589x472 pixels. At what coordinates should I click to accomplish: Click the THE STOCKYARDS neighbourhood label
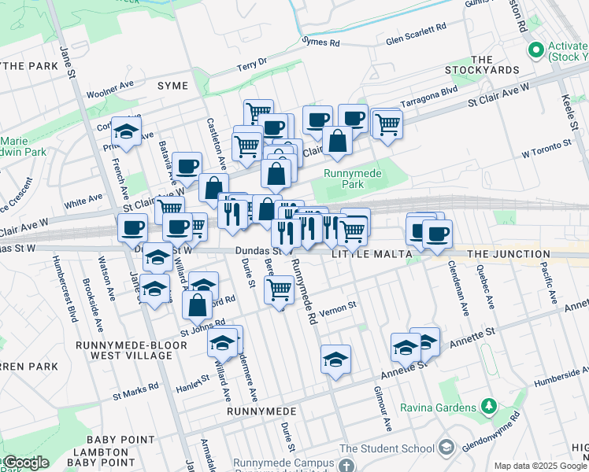pyautogui.click(x=495, y=65)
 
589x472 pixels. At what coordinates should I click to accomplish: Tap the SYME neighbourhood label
pyautogui.click(x=172, y=85)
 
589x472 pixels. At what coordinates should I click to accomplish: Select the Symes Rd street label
pyautogui.click(x=320, y=42)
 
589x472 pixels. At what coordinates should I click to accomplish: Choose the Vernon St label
pyautogui.click(x=342, y=304)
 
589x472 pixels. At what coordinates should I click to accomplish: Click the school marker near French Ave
pyautogui.click(x=125, y=131)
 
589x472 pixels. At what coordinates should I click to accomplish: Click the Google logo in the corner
pyautogui.click(x=25, y=463)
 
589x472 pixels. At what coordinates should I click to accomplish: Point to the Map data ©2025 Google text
pyautogui.click(x=539, y=466)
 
